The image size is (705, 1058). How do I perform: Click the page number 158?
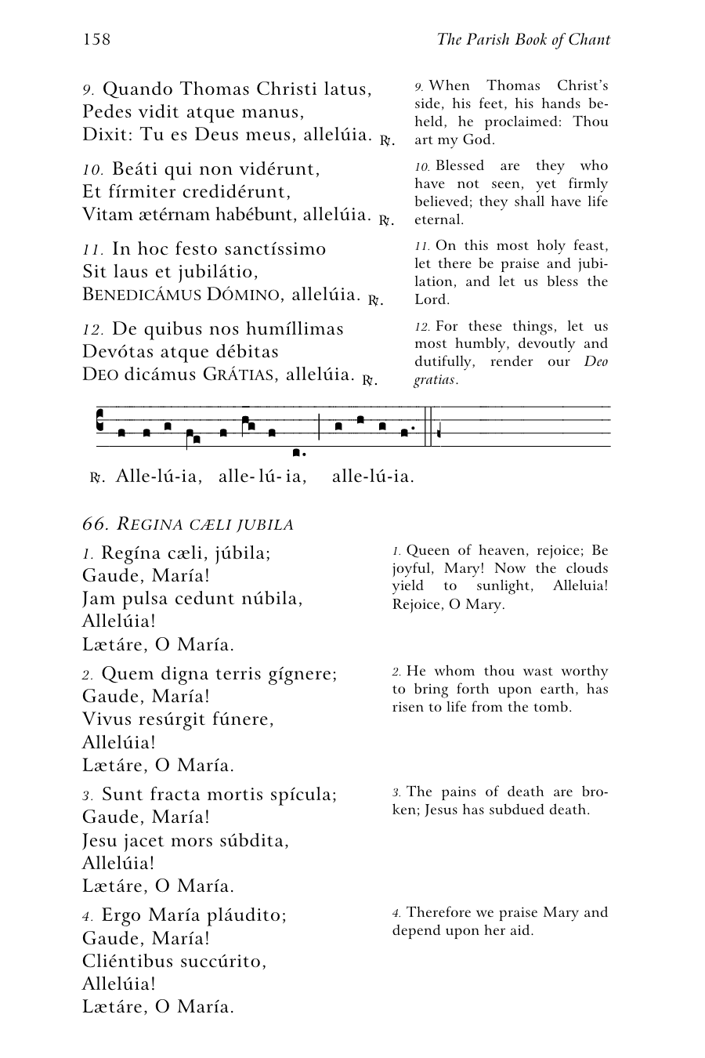click(x=96, y=40)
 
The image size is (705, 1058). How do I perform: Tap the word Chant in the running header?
click(x=588, y=40)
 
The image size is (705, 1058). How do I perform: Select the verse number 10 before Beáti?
click(x=92, y=170)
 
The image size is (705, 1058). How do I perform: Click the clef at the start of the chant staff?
click(x=100, y=421)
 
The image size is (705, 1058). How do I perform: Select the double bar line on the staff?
click(x=428, y=427)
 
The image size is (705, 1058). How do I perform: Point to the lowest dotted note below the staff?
click(x=296, y=452)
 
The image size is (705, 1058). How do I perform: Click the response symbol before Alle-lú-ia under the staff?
click(x=97, y=476)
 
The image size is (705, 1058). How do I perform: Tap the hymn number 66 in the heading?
click(x=94, y=524)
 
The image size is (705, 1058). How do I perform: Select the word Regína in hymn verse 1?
click(x=131, y=553)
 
